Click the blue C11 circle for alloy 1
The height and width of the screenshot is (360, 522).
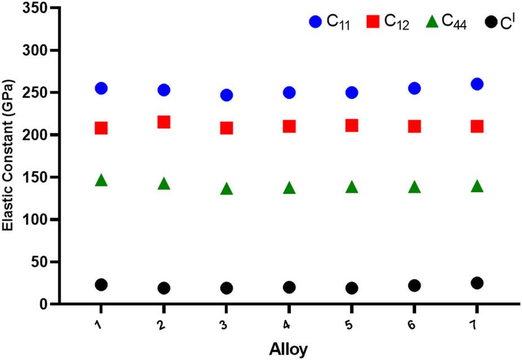pyautogui.click(x=101, y=88)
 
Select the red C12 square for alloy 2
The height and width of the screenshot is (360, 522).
pyautogui.click(x=164, y=122)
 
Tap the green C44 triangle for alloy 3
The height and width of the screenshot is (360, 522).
pyautogui.click(x=227, y=189)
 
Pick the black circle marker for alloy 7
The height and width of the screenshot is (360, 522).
pyautogui.click(x=477, y=283)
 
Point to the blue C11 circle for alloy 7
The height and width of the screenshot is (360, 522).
pyautogui.click(x=477, y=84)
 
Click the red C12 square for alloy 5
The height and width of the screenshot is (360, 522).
pyautogui.click(x=352, y=125)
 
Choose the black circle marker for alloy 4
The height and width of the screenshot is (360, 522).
pyautogui.click(x=289, y=287)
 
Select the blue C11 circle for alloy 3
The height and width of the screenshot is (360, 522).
pyautogui.click(x=227, y=95)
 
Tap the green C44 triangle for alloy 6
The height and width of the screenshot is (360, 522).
pyautogui.click(x=414, y=187)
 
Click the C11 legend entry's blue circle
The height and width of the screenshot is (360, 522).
pyautogui.click(x=315, y=22)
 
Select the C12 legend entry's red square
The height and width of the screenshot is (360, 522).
pyautogui.click(x=373, y=22)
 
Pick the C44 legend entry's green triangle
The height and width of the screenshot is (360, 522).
pyautogui.click(x=431, y=22)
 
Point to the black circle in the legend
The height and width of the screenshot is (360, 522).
pyautogui.click(x=491, y=23)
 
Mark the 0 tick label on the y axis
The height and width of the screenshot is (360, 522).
pyautogui.click(x=41, y=304)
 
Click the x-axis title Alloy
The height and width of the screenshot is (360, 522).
pyautogui.click(x=289, y=350)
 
